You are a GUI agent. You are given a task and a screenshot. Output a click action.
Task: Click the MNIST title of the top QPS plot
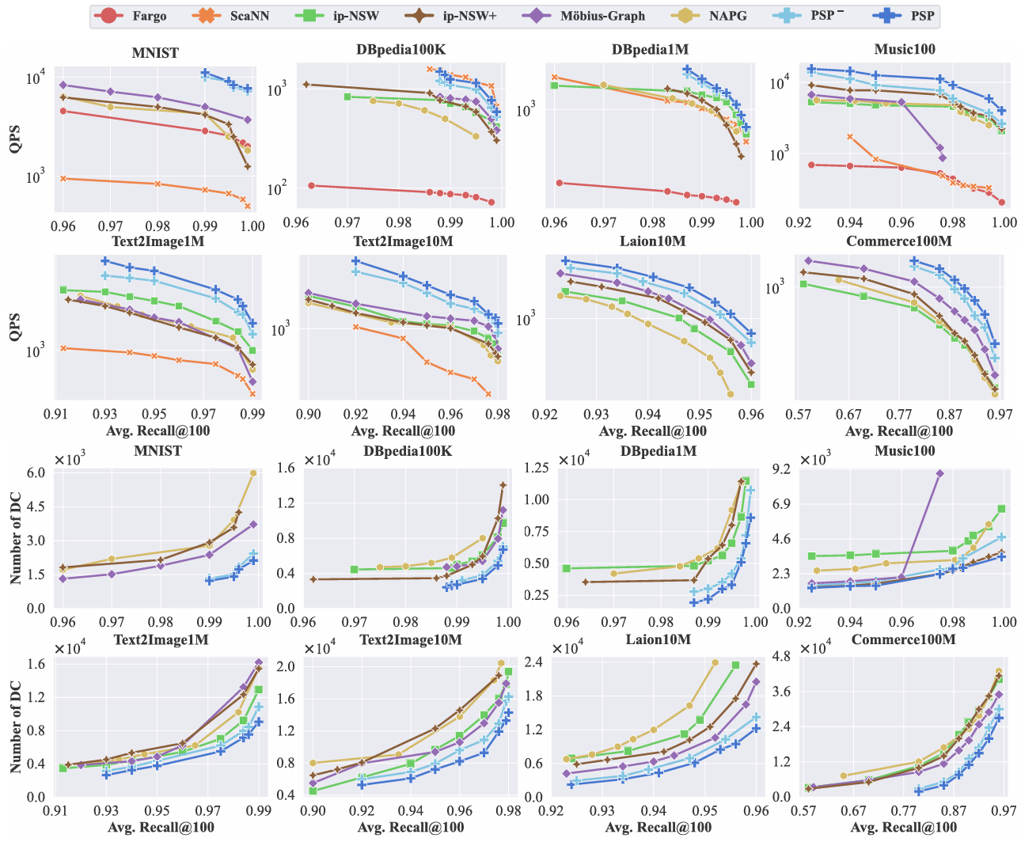point(154,53)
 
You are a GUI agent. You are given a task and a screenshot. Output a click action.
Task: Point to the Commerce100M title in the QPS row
point(899,241)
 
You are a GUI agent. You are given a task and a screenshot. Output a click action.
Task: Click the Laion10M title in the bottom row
point(659,639)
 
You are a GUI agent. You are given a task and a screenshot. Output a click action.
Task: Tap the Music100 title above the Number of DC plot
point(905,451)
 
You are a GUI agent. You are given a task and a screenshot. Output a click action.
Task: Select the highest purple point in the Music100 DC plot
point(939,473)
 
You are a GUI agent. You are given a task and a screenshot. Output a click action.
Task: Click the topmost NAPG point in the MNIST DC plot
point(253,473)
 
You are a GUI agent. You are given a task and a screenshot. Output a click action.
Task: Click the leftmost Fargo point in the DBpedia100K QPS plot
point(312,185)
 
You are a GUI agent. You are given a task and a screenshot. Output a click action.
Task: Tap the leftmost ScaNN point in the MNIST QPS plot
point(63,179)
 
